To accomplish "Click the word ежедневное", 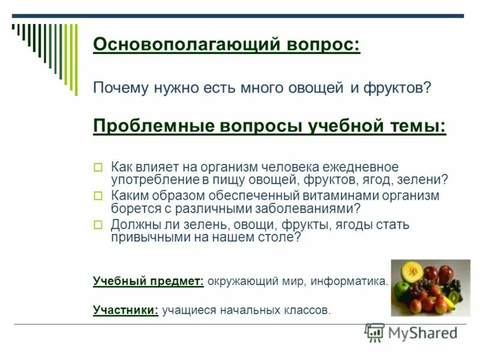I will click(x=365, y=167).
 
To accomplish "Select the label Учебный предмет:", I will click(x=148, y=281).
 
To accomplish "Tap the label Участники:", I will click(x=125, y=310).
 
